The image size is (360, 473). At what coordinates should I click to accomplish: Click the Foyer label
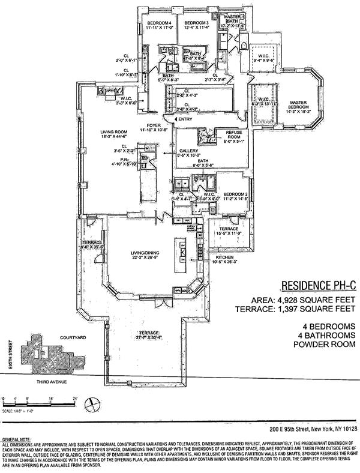point(147,125)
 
